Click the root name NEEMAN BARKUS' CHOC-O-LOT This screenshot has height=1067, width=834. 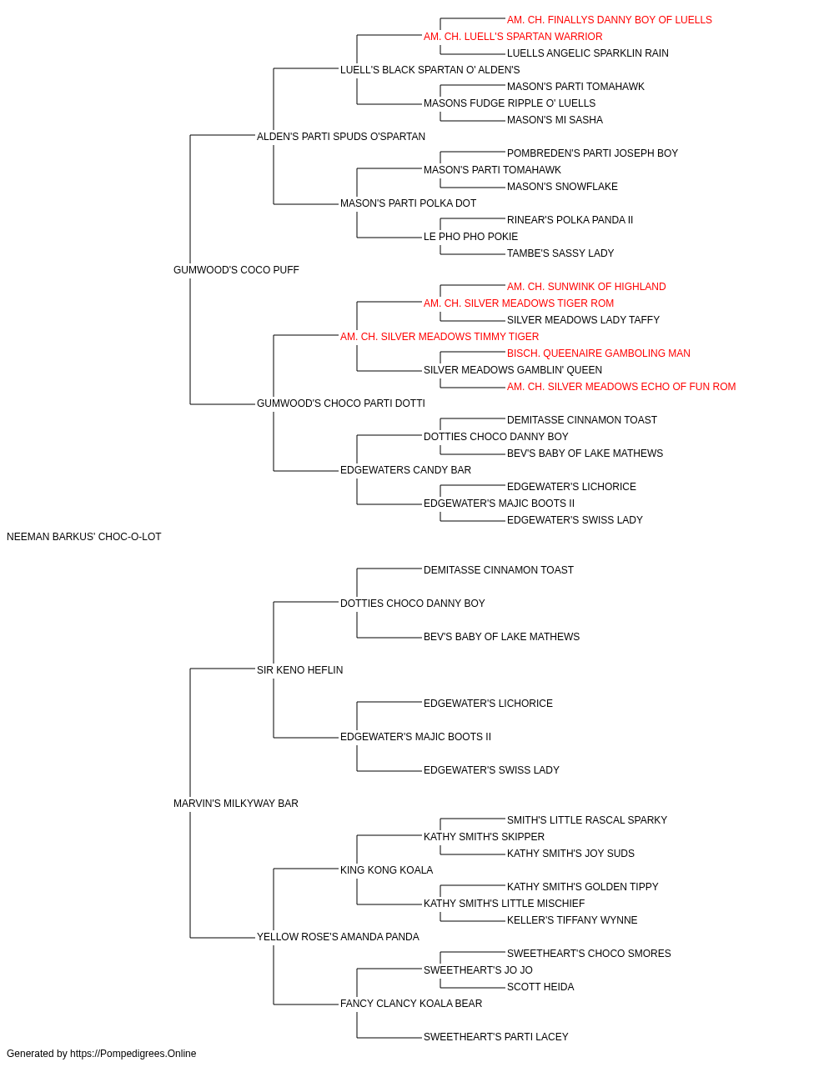point(84,537)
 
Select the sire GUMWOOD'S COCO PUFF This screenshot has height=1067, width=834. point(236,270)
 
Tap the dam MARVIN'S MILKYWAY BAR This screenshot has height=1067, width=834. point(236,804)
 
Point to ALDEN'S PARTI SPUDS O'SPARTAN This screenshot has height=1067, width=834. point(341,137)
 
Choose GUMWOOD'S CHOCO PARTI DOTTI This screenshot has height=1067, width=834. point(341,403)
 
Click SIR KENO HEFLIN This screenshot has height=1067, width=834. point(299,669)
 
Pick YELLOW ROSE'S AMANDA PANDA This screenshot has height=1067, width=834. point(338,937)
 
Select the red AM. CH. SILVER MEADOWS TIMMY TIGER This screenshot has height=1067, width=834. point(440,337)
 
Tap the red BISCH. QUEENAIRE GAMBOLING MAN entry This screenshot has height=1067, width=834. point(598,353)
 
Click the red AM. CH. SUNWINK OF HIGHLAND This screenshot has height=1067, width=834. point(586,287)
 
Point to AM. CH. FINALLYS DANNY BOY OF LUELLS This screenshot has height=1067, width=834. point(610,20)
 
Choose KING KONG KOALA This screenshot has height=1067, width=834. point(386,870)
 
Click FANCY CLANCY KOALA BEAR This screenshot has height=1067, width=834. point(411,1004)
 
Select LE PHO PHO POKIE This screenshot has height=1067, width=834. point(470,237)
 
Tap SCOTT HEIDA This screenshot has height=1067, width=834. point(540,987)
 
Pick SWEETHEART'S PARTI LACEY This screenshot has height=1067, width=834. point(496,1037)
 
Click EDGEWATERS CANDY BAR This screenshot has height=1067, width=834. point(405,470)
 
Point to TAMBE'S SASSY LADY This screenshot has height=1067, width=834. point(560,253)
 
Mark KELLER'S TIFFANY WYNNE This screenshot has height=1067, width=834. point(572,920)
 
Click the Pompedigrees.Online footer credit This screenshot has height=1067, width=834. point(101,1054)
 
